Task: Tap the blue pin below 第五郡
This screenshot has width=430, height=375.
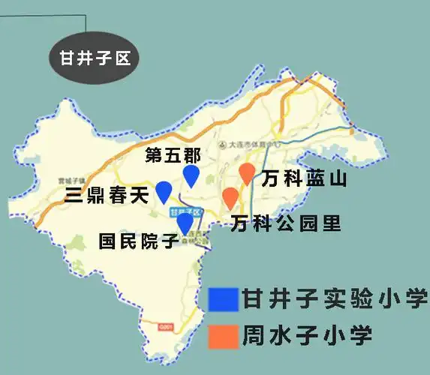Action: point(192,175)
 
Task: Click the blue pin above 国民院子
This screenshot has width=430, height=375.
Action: point(185,223)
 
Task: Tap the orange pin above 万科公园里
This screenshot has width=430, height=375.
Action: point(230,198)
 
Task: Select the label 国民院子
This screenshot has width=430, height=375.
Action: point(138,241)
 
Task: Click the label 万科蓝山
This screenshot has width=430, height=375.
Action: point(303,178)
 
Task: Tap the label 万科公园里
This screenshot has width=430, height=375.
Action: point(286,223)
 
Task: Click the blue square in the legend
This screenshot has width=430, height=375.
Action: point(223,299)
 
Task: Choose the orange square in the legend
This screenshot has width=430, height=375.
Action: point(223,336)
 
